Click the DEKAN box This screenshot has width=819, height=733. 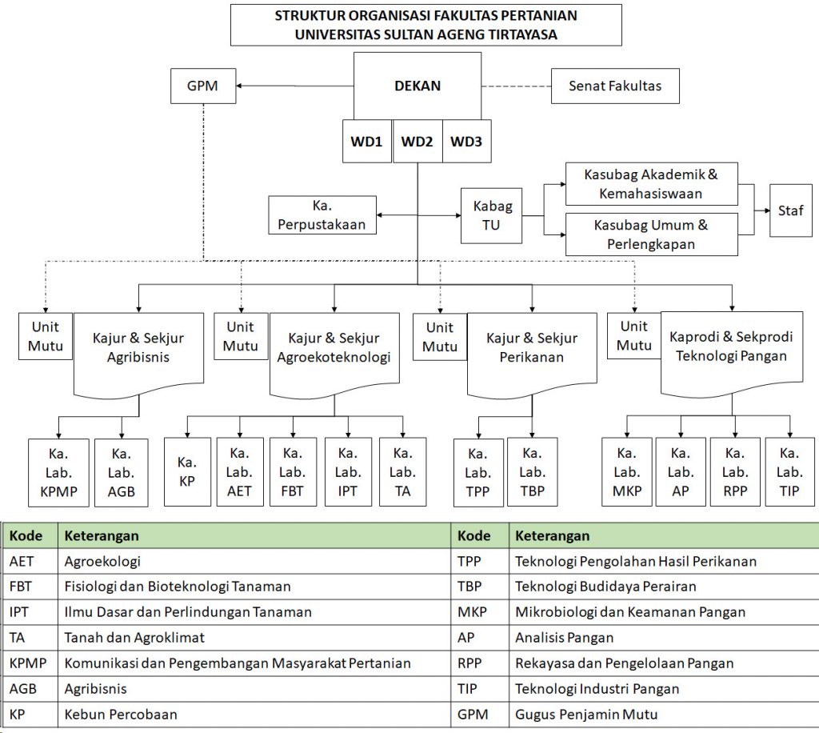pyautogui.click(x=417, y=86)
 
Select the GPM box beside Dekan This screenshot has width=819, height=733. pyautogui.click(x=203, y=86)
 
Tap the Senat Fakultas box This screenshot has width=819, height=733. pyautogui.click(x=615, y=86)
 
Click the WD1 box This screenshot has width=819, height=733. pyautogui.click(x=367, y=141)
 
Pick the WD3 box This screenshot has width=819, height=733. pyautogui.click(x=466, y=141)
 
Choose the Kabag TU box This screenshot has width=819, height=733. pyautogui.click(x=491, y=216)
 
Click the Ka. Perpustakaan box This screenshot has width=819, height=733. pyautogui.click(x=322, y=214)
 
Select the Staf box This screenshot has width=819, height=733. pyautogui.click(x=791, y=210)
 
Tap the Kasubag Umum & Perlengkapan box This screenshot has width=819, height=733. pyautogui.click(x=651, y=234)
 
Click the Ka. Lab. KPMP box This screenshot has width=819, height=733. pyautogui.click(x=58, y=473)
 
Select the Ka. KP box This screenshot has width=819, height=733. pyautogui.click(x=187, y=472)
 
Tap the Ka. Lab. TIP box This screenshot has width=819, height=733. pyautogui.click(x=789, y=472)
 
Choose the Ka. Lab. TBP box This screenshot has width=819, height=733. pyautogui.click(x=532, y=472)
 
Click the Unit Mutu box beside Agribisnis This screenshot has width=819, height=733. pyautogui.click(x=46, y=336)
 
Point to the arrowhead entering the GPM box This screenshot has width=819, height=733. pyautogui.click(x=239, y=86)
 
